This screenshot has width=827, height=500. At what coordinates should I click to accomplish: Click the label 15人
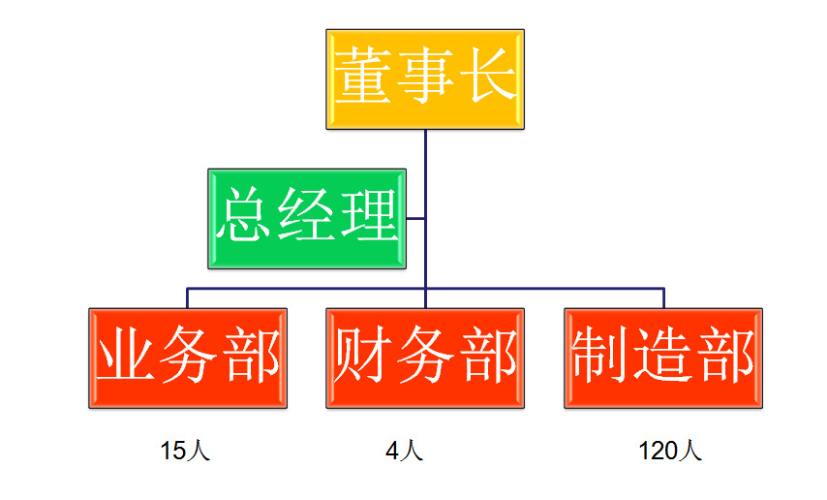point(185,451)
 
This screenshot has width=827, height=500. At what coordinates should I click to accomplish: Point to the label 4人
point(404,451)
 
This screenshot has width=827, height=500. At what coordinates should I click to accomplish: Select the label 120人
point(670,451)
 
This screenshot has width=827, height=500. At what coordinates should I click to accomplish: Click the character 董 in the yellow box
point(365,75)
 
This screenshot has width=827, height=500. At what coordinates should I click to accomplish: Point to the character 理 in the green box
point(369,215)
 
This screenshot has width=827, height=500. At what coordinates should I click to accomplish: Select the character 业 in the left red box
point(127,355)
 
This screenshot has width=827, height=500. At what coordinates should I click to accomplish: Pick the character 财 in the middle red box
point(364,355)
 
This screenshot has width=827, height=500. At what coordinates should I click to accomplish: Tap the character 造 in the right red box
point(663,355)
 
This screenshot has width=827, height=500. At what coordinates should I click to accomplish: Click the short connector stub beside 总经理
point(416,218)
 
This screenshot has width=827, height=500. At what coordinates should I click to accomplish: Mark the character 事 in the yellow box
point(425,75)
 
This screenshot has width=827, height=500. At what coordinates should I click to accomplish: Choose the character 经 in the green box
point(308,215)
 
